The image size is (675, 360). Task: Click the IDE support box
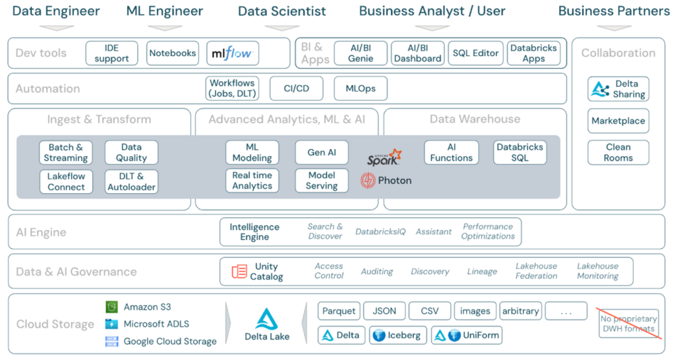pos(111,53)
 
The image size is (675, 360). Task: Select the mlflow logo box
pos(233,53)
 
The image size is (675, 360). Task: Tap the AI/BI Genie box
pos(361,53)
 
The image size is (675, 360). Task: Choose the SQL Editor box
pos(475,53)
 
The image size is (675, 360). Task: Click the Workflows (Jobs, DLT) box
pos(232,88)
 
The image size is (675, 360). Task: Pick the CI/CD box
pos(296,88)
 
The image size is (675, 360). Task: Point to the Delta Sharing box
pos(618,89)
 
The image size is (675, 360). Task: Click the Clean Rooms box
pos(618,152)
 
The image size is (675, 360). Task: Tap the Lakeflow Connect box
pos(66,181)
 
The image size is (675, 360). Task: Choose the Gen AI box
pos(322,152)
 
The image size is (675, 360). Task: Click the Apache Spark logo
pos(384,157)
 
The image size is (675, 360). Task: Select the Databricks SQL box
pos(519,152)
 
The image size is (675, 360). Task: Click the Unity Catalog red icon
pos(239,271)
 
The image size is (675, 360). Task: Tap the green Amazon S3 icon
pos(112,307)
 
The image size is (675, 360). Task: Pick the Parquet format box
pos(339,311)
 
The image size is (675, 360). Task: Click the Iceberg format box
pos(397,335)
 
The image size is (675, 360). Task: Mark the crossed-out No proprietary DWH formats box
pos(628,324)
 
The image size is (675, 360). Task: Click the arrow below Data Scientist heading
pos(281,28)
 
